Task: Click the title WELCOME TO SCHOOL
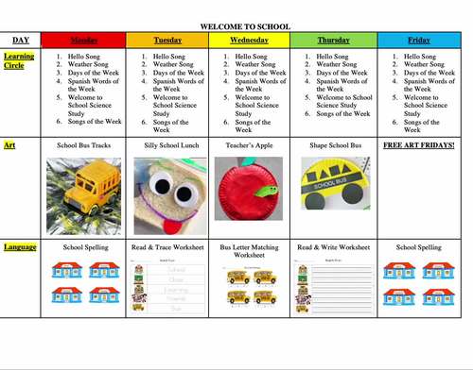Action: tap(245, 25)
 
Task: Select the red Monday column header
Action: tap(83, 41)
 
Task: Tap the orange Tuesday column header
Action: tap(166, 41)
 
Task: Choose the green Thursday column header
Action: tap(334, 41)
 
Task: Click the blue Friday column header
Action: tap(418, 41)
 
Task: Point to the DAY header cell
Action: tap(21, 41)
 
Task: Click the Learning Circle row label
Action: tap(21, 62)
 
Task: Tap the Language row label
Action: tap(20, 247)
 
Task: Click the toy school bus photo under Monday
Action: tap(83, 196)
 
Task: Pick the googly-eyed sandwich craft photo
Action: tap(166, 196)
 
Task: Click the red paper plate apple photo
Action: tap(249, 196)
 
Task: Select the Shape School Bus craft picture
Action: tap(333, 184)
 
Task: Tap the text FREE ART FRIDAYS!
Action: tap(418, 146)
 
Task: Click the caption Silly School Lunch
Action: tap(166, 146)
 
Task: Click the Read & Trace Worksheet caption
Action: tap(166, 247)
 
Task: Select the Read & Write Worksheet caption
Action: tap(334, 247)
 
